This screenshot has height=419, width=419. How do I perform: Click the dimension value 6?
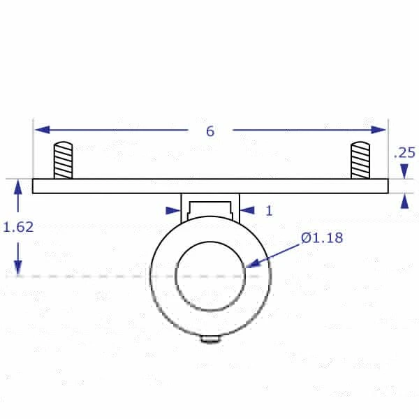tap(210, 131)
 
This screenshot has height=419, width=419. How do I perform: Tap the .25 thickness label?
tap(405, 152)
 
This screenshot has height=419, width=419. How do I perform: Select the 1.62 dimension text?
tap(18, 227)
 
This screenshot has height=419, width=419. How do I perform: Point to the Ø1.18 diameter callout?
tap(322, 237)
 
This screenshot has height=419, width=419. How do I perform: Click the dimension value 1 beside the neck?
tap(269, 211)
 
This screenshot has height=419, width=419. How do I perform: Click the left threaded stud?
tap(63, 161)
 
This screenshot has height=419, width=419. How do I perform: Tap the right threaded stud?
tap(360, 161)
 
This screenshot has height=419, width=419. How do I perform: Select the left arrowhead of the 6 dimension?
tap(42, 130)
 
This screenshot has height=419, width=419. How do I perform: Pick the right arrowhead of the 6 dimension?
tap(378, 130)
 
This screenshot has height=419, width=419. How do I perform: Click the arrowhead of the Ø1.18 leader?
tap(253, 263)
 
